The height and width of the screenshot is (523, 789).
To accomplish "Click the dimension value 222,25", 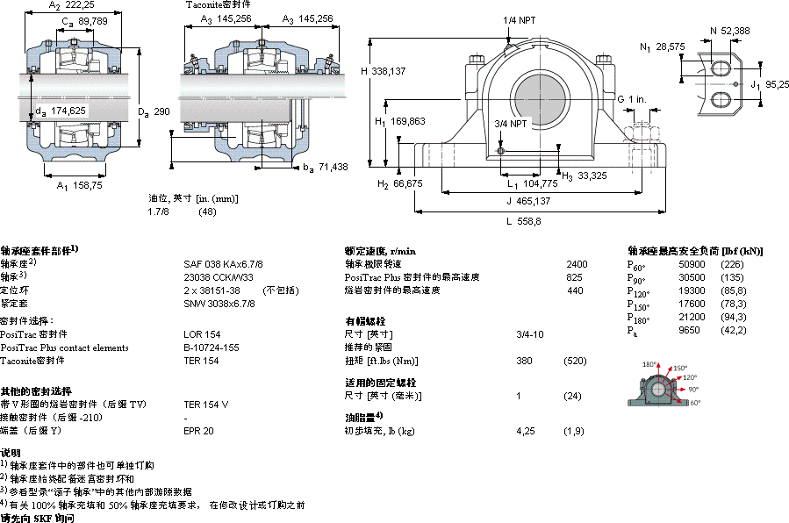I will click(80, 5).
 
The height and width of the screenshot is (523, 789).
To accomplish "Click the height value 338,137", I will click(390, 71).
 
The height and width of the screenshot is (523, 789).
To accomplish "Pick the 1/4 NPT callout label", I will click(519, 19).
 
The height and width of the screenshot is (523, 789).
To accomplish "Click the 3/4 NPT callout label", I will click(511, 125).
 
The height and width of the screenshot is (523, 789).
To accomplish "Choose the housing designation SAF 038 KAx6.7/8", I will click(223, 264).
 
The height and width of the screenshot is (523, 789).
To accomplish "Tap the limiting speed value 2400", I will click(577, 264).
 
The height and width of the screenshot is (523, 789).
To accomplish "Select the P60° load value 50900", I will click(692, 264).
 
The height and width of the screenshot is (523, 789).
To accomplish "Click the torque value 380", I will click(525, 360).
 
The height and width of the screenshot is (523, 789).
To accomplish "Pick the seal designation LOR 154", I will click(201, 334).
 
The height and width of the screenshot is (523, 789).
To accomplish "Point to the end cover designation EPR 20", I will click(198, 431).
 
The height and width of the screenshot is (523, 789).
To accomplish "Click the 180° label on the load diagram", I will click(649, 365).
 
